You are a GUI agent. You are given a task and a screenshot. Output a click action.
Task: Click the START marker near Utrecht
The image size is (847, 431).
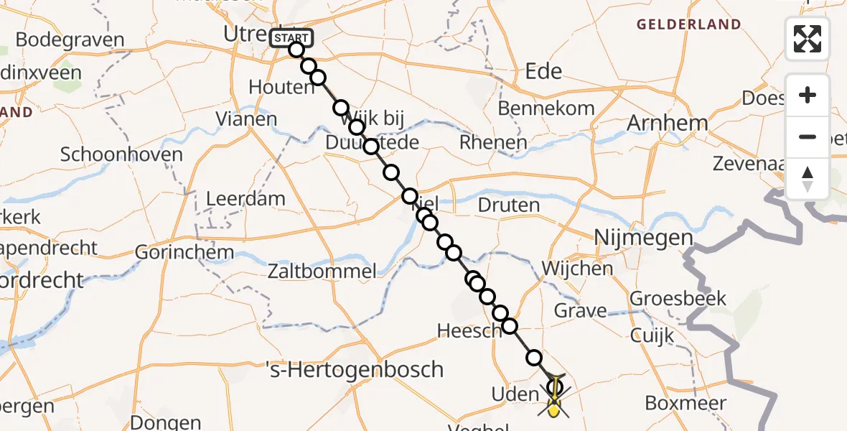point(291,38)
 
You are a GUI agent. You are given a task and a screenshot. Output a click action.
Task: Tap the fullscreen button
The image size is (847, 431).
point(808,39)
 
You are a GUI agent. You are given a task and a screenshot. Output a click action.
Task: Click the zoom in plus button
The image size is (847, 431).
point(808,96)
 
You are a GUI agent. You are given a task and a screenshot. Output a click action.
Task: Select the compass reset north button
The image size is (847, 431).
point(808,179)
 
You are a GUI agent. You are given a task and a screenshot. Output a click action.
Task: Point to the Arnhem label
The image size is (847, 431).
point(667,124)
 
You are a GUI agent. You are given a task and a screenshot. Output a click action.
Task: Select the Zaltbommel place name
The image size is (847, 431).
point(322,271)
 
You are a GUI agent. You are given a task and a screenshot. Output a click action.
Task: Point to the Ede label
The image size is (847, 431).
point(543,71)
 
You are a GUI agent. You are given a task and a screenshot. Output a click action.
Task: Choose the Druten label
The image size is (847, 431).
point(509,205)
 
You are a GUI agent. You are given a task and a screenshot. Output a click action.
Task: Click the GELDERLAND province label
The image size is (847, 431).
point(688,24)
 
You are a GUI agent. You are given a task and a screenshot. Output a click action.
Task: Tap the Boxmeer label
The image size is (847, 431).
point(685,403)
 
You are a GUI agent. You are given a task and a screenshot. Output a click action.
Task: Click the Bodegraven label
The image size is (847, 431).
point(70,40)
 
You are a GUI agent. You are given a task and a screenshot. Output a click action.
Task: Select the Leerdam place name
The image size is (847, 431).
point(245,198)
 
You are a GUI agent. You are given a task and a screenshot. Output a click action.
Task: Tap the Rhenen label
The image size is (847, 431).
point(493,142)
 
